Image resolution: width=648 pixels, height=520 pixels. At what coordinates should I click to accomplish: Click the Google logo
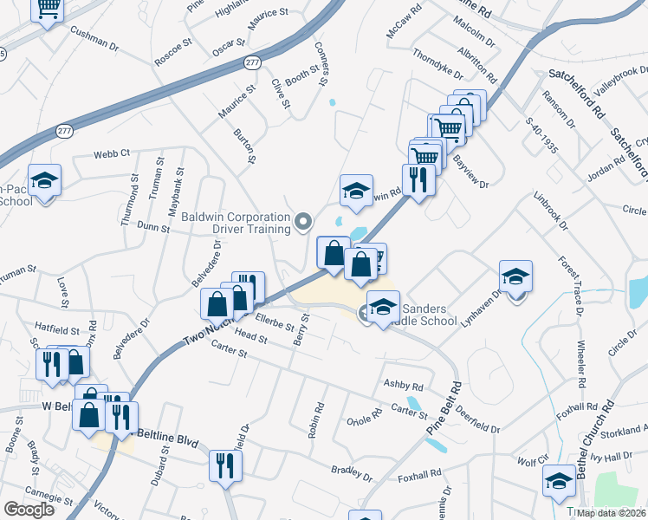coord(29,510)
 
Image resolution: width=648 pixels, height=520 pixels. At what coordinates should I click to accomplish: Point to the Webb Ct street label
coord(112,153)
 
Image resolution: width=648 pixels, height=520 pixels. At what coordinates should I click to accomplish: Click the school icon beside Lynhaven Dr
coord(515,276)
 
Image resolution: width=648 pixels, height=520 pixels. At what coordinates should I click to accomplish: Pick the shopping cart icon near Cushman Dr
coord(48,8)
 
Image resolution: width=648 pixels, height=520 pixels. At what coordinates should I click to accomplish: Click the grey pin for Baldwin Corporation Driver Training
coord(303,223)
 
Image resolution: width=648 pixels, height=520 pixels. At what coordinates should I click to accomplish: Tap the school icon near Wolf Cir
coord(559,481)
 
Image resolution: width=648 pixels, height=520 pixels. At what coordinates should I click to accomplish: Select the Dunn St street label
coord(152,228)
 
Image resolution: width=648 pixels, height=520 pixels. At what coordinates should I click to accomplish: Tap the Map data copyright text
coord(611,513)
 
